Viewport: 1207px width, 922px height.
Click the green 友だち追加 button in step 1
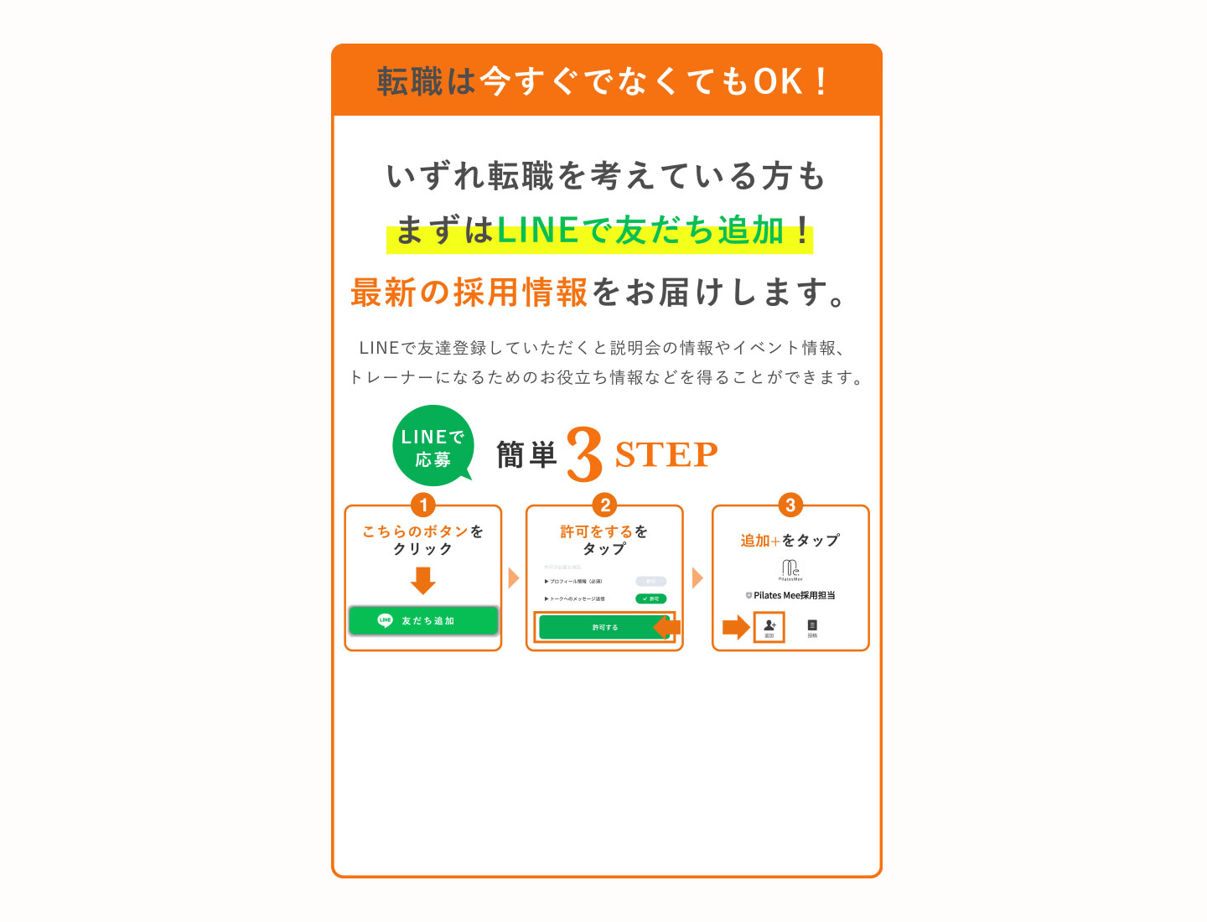(x=423, y=621)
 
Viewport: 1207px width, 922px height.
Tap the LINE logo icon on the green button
(x=385, y=621)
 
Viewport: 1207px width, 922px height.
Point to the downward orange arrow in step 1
(x=423, y=580)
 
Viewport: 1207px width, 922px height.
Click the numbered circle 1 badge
(x=423, y=505)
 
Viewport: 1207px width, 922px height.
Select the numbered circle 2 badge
(x=604, y=505)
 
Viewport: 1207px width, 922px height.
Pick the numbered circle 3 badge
(x=790, y=505)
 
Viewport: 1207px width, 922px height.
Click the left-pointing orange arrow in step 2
(x=666, y=627)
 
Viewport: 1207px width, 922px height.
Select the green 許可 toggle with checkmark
(x=650, y=598)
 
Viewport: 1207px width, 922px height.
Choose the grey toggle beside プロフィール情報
(x=650, y=581)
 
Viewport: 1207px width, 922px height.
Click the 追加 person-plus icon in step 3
(x=769, y=626)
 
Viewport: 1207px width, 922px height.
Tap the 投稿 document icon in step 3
(x=812, y=627)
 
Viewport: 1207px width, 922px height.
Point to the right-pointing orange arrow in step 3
(x=735, y=627)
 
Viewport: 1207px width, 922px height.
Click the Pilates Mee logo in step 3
(x=790, y=570)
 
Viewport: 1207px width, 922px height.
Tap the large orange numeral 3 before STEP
(x=584, y=454)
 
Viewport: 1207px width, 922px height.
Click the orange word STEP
(x=666, y=455)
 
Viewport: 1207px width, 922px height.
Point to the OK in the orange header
(x=778, y=81)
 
